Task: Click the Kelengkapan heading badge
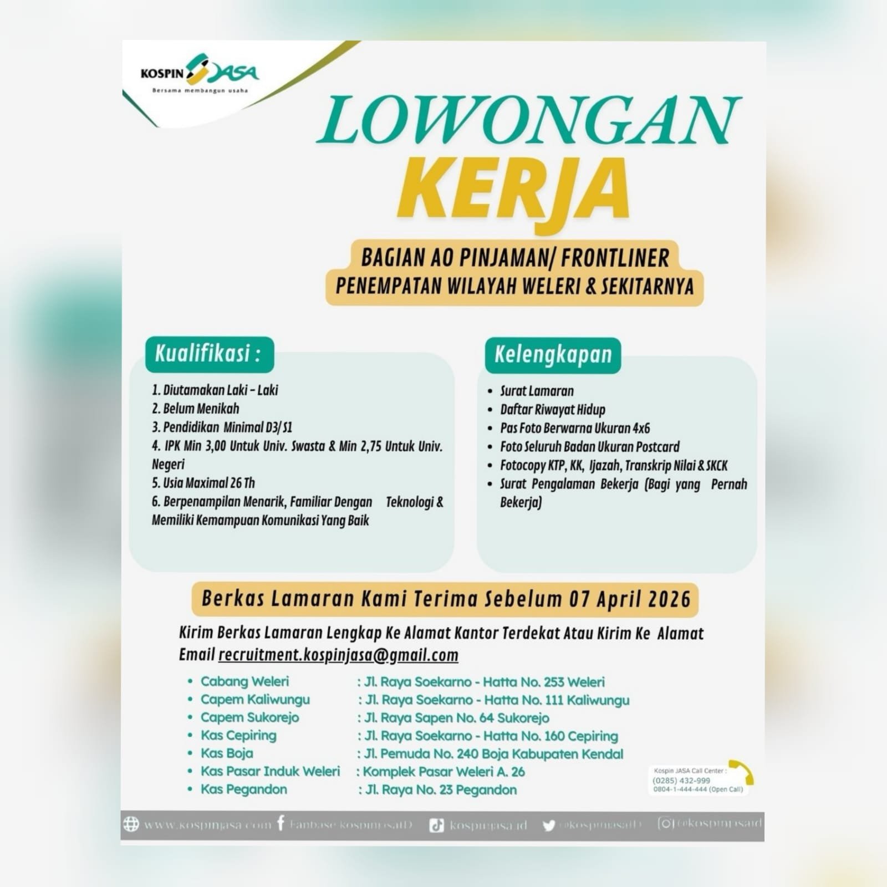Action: pyautogui.click(x=553, y=355)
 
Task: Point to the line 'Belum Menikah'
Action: pyautogui.click(x=196, y=409)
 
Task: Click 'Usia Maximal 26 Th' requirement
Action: pyautogui.click(x=203, y=482)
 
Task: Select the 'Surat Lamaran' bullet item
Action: pyautogui.click(x=536, y=391)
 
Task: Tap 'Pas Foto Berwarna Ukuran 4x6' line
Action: pyautogui.click(x=574, y=428)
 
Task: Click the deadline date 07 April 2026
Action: pyautogui.click(x=630, y=599)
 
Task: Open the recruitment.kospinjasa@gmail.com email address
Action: pyautogui.click(x=338, y=655)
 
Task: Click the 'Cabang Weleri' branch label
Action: pyautogui.click(x=244, y=681)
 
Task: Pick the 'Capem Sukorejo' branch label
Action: pyautogui.click(x=249, y=717)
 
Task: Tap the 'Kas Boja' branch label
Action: pyautogui.click(x=227, y=753)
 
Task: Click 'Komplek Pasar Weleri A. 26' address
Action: pyautogui.click(x=443, y=772)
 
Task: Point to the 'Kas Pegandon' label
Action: pyautogui.click(x=244, y=789)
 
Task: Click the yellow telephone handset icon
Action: pyautogui.click(x=742, y=771)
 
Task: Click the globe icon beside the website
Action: pyautogui.click(x=131, y=824)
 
